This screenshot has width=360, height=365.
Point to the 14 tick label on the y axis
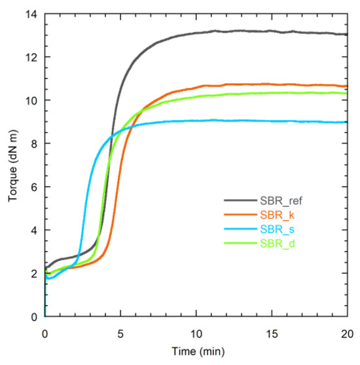tap(33, 14)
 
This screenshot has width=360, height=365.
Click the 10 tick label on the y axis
tap(33, 100)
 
